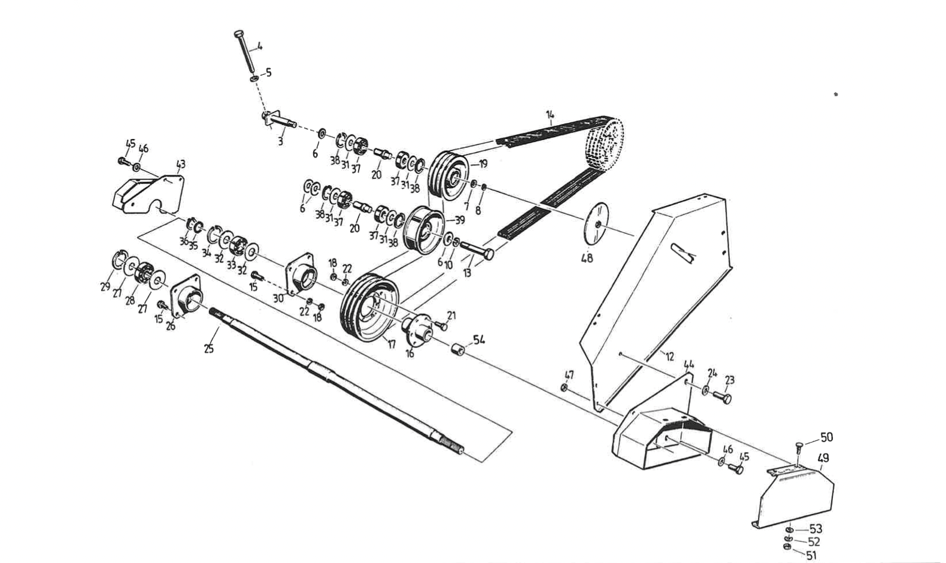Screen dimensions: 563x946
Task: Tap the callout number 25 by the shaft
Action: (208, 348)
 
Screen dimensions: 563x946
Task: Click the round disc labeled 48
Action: (596, 223)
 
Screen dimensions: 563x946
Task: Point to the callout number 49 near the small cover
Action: (823, 458)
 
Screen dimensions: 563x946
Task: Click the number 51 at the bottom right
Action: (812, 555)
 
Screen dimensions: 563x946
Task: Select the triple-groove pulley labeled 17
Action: (369, 307)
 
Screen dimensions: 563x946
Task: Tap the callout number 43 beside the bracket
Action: (180, 164)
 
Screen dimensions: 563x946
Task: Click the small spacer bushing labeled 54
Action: (459, 349)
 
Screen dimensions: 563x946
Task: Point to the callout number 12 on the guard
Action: (669, 356)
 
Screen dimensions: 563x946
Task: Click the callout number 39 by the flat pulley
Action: (460, 220)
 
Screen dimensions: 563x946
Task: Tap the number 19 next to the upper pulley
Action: (483, 164)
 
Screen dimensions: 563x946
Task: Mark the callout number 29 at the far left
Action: (105, 287)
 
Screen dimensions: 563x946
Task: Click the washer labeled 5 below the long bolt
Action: (254, 78)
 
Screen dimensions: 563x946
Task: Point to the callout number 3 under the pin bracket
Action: (280, 142)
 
